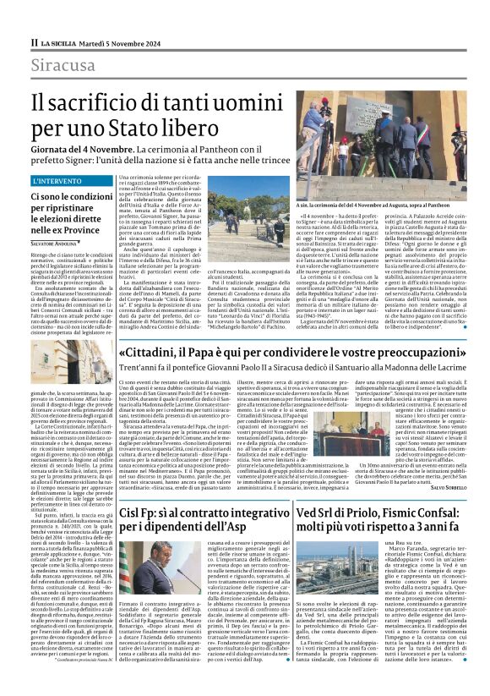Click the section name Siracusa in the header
click(x=63, y=65)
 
